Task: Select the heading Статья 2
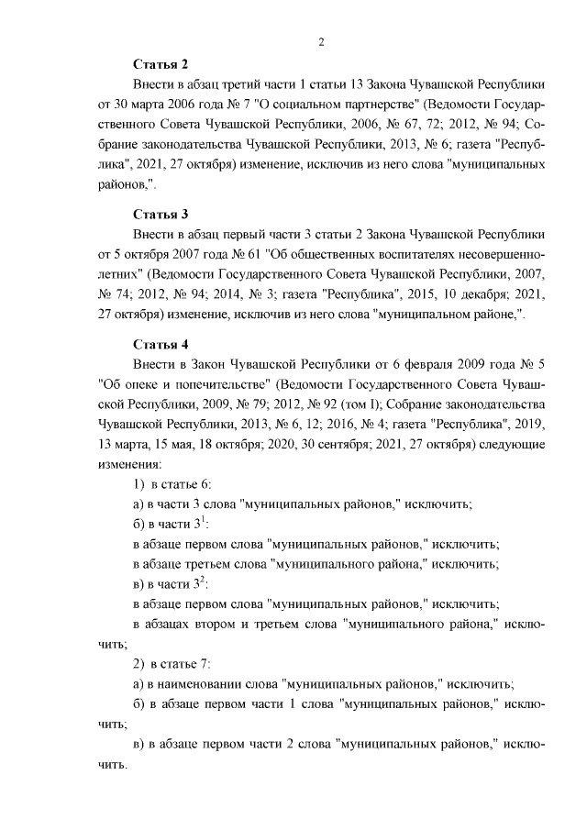pos(161,63)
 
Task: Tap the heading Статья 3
pos(161,214)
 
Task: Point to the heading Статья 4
pos(161,344)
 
